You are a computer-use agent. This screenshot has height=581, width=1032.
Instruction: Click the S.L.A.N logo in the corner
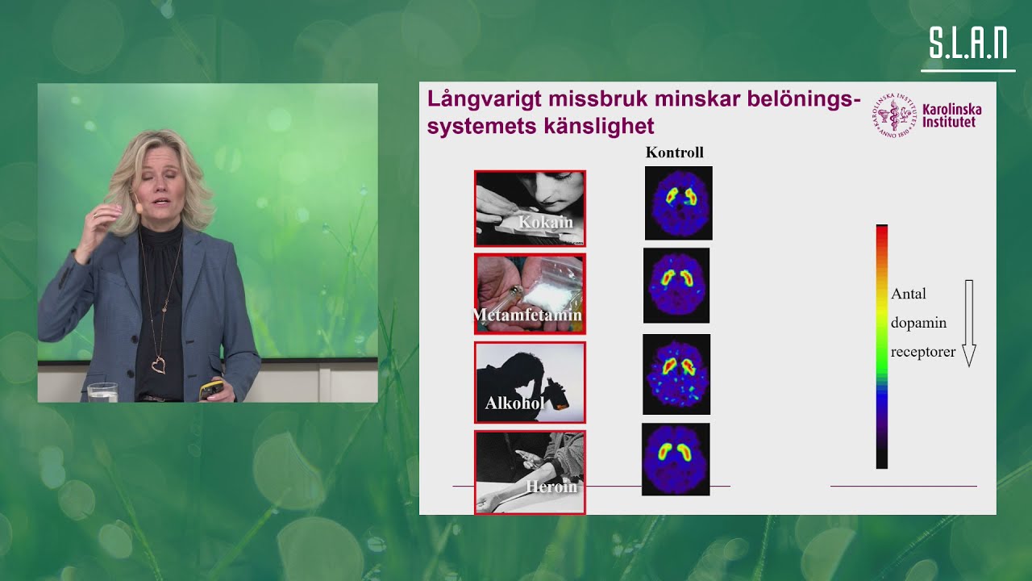967,44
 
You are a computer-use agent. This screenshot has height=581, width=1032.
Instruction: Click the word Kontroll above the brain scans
675,153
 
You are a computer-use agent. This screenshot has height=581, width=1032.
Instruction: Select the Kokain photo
530,208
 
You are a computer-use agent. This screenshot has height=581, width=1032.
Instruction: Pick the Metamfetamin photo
530,294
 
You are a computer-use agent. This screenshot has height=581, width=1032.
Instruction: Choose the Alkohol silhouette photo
530,382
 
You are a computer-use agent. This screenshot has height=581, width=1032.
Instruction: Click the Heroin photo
530,472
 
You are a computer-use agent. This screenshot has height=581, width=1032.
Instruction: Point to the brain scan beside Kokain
679,203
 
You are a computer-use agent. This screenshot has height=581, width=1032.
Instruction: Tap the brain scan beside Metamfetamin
676,285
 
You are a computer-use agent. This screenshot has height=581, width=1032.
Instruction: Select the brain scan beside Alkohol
676,374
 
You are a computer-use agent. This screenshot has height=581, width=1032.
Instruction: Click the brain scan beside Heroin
676,458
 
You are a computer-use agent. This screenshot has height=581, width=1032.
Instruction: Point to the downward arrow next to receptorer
969,323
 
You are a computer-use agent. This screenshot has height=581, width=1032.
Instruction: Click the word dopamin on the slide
918,323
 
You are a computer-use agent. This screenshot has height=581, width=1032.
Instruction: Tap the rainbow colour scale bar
882,346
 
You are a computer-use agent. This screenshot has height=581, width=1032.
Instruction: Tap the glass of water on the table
102,392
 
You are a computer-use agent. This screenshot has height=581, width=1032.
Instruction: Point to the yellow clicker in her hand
211,389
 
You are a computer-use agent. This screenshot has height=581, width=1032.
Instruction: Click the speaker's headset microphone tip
139,207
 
